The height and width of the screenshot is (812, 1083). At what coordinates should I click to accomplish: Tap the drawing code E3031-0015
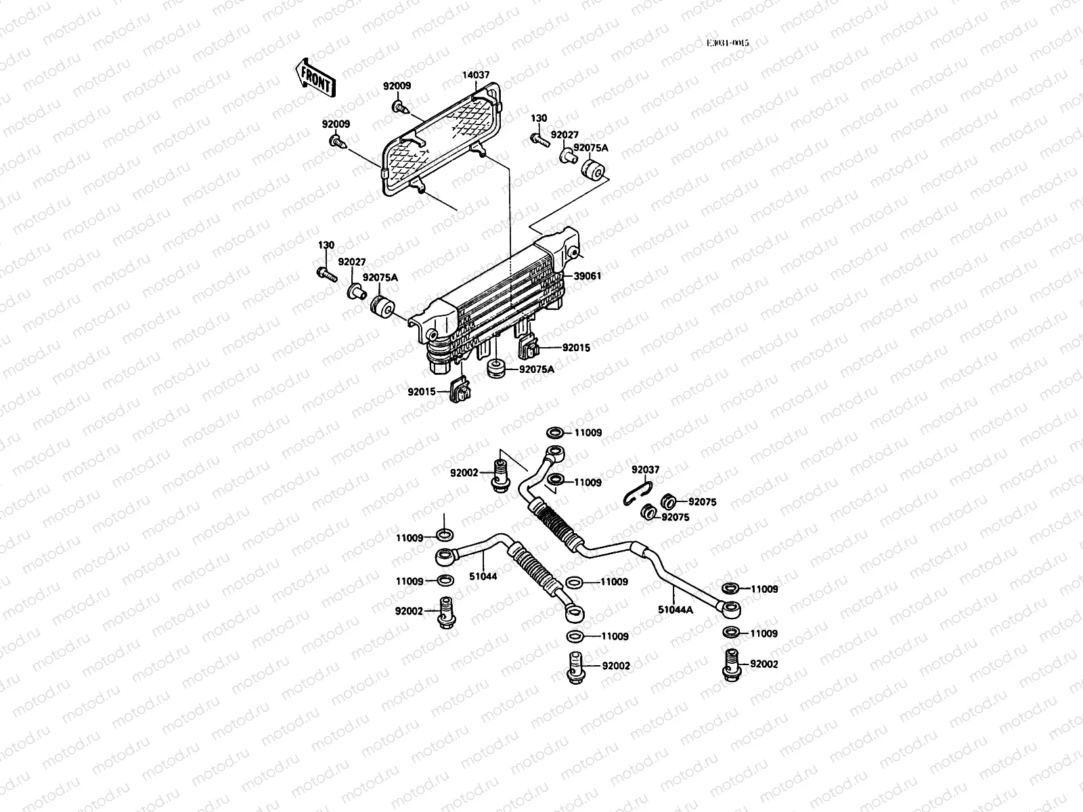click(x=728, y=43)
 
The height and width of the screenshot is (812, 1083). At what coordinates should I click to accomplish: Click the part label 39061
click(x=588, y=276)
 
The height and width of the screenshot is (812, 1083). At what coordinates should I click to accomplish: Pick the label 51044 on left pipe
click(x=484, y=576)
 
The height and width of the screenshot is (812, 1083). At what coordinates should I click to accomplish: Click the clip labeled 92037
click(x=637, y=491)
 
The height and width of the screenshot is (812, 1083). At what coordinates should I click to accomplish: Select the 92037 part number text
click(x=645, y=469)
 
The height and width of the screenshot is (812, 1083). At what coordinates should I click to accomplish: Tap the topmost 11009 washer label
click(x=588, y=432)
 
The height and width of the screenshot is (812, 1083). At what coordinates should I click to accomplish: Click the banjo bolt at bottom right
click(x=731, y=664)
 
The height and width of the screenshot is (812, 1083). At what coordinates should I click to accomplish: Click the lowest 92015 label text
click(x=422, y=391)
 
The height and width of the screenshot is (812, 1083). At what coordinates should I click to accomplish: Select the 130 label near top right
click(x=539, y=118)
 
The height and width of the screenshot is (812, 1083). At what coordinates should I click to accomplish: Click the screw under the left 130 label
click(x=326, y=273)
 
